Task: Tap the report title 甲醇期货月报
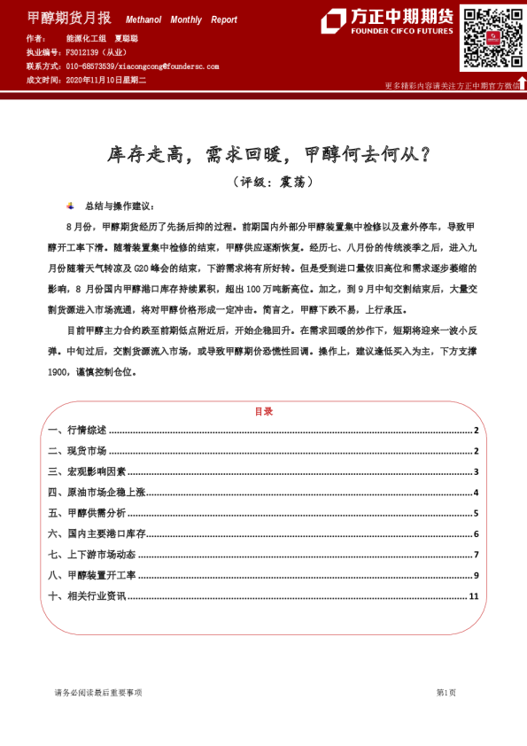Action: [x=70, y=18]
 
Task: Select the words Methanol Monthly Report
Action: [x=182, y=19]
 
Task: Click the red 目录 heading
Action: [x=263, y=411]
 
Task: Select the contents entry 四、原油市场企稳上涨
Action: [x=97, y=493]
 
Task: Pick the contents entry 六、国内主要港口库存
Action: [x=97, y=534]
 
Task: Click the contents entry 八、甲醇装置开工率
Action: [x=92, y=576]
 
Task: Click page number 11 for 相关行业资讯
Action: [x=474, y=596]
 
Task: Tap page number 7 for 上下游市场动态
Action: [x=476, y=555]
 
